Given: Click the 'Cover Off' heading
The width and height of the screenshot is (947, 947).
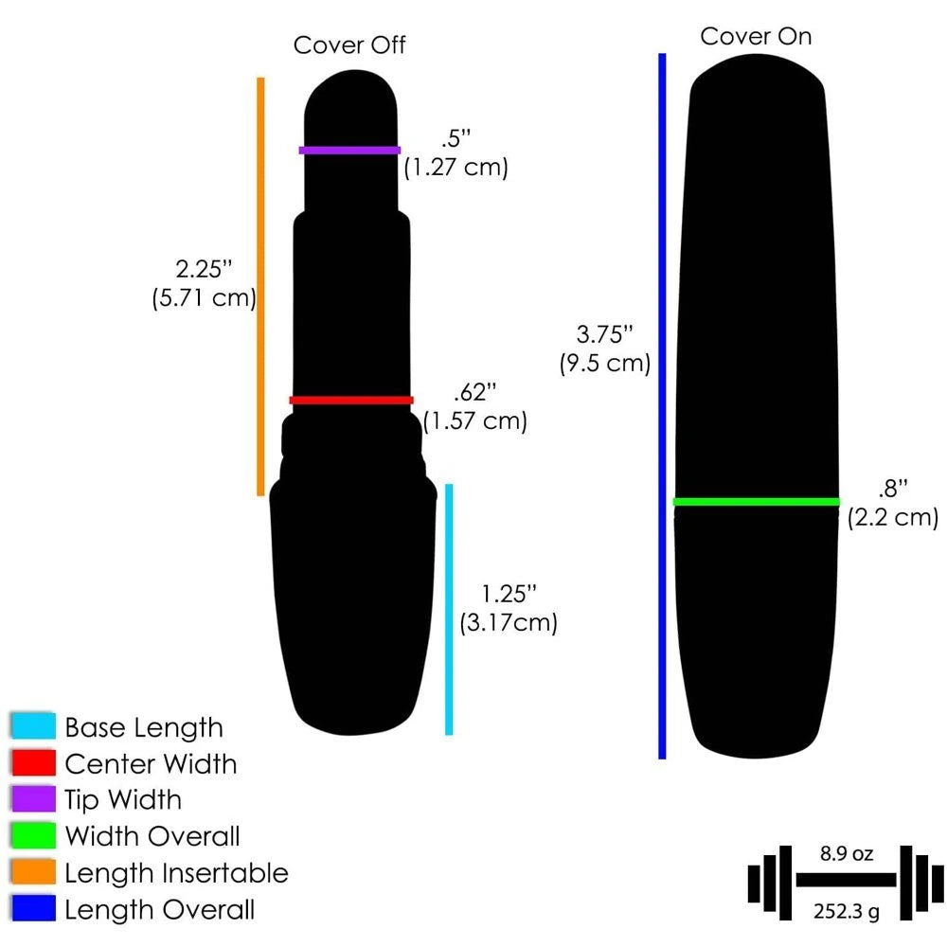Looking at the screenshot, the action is click(349, 45).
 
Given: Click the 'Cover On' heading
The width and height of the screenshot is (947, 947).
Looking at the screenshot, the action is click(756, 37).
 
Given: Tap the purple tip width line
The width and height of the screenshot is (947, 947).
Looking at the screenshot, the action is click(349, 150).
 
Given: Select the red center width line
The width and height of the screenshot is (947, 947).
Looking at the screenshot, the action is click(351, 400).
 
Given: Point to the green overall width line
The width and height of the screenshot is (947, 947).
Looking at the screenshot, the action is click(756, 501).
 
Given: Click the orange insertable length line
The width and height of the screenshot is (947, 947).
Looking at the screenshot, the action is click(261, 287).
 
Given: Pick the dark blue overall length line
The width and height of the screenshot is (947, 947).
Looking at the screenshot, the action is click(663, 406).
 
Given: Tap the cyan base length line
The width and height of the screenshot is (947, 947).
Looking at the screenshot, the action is click(449, 609).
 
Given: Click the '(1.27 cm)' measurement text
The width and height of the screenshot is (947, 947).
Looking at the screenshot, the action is click(456, 168).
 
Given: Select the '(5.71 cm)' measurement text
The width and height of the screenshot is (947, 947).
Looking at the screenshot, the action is click(205, 297).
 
